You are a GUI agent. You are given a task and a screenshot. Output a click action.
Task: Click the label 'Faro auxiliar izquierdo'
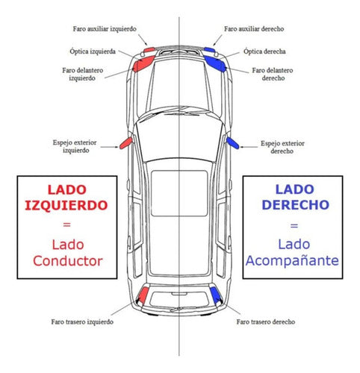(105, 29)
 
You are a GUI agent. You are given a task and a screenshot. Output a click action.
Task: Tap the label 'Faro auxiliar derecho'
(254, 29)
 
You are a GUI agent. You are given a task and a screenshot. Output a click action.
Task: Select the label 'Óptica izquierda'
(93, 51)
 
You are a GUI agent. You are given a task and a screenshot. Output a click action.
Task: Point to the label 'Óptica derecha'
(264, 51)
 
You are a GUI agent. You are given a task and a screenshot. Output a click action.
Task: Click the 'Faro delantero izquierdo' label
(83, 74)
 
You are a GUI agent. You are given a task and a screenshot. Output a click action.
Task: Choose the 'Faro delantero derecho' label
(273, 74)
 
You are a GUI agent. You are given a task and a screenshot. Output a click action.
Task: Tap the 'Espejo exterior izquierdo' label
(75, 146)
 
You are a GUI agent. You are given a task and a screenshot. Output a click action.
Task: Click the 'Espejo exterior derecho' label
(282, 147)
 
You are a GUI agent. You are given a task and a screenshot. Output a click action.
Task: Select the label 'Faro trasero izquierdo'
(82, 322)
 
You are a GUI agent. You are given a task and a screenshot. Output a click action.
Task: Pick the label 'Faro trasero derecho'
(266, 322)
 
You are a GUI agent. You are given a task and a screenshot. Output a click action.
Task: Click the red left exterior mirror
(125, 143)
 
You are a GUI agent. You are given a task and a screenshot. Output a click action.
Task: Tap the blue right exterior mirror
(233, 143)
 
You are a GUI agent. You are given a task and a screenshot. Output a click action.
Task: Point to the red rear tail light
(143, 295)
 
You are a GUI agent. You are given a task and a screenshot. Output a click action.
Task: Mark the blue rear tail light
(215, 295)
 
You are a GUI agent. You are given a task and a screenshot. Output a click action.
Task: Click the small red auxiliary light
(149, 50)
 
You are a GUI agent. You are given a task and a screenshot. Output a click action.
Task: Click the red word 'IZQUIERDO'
(66, 206)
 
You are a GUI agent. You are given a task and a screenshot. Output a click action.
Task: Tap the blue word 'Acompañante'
(292, 261)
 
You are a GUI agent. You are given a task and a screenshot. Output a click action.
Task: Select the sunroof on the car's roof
(179, 193)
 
